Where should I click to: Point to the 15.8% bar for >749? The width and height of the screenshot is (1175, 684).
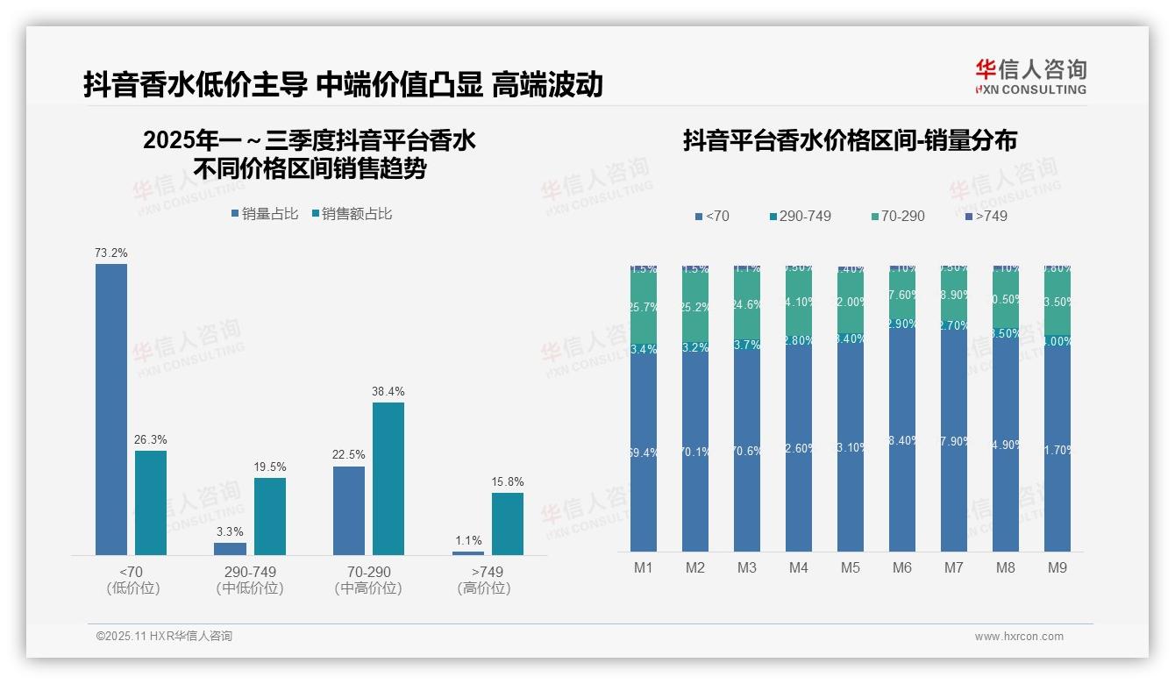pos(507,524)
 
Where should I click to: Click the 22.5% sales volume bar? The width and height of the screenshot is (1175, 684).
pos(349,510)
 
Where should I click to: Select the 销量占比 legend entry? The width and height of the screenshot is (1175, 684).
pos(265,214)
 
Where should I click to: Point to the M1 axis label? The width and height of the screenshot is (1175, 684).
pos(644,568)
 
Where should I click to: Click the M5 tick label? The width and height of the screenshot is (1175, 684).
pos(851,568)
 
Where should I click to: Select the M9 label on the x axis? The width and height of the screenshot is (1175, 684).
pos(1057,568)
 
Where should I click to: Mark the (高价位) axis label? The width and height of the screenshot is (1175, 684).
pos(484,588)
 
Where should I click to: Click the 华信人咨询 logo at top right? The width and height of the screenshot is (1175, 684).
pos(1030,76)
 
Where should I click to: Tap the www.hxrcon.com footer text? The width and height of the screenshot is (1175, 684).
pos(1019,637)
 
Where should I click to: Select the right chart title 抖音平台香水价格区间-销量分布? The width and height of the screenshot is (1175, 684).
pos(850,141)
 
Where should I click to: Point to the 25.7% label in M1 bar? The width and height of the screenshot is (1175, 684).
pos(644,308)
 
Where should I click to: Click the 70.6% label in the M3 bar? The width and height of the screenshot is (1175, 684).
pos(747,452)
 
